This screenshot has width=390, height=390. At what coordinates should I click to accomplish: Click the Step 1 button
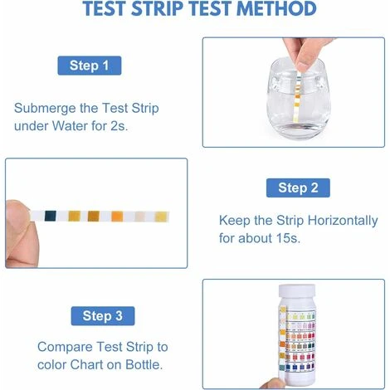point(90,66)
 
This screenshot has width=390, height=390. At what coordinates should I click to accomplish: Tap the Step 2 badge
point(298,188)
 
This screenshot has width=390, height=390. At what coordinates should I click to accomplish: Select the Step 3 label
point(102,315)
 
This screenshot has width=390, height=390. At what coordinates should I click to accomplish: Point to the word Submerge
point(49,109)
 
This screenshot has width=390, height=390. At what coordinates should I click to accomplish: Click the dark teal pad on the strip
point(52,215)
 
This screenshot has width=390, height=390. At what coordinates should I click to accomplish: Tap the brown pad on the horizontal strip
point(94,216)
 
